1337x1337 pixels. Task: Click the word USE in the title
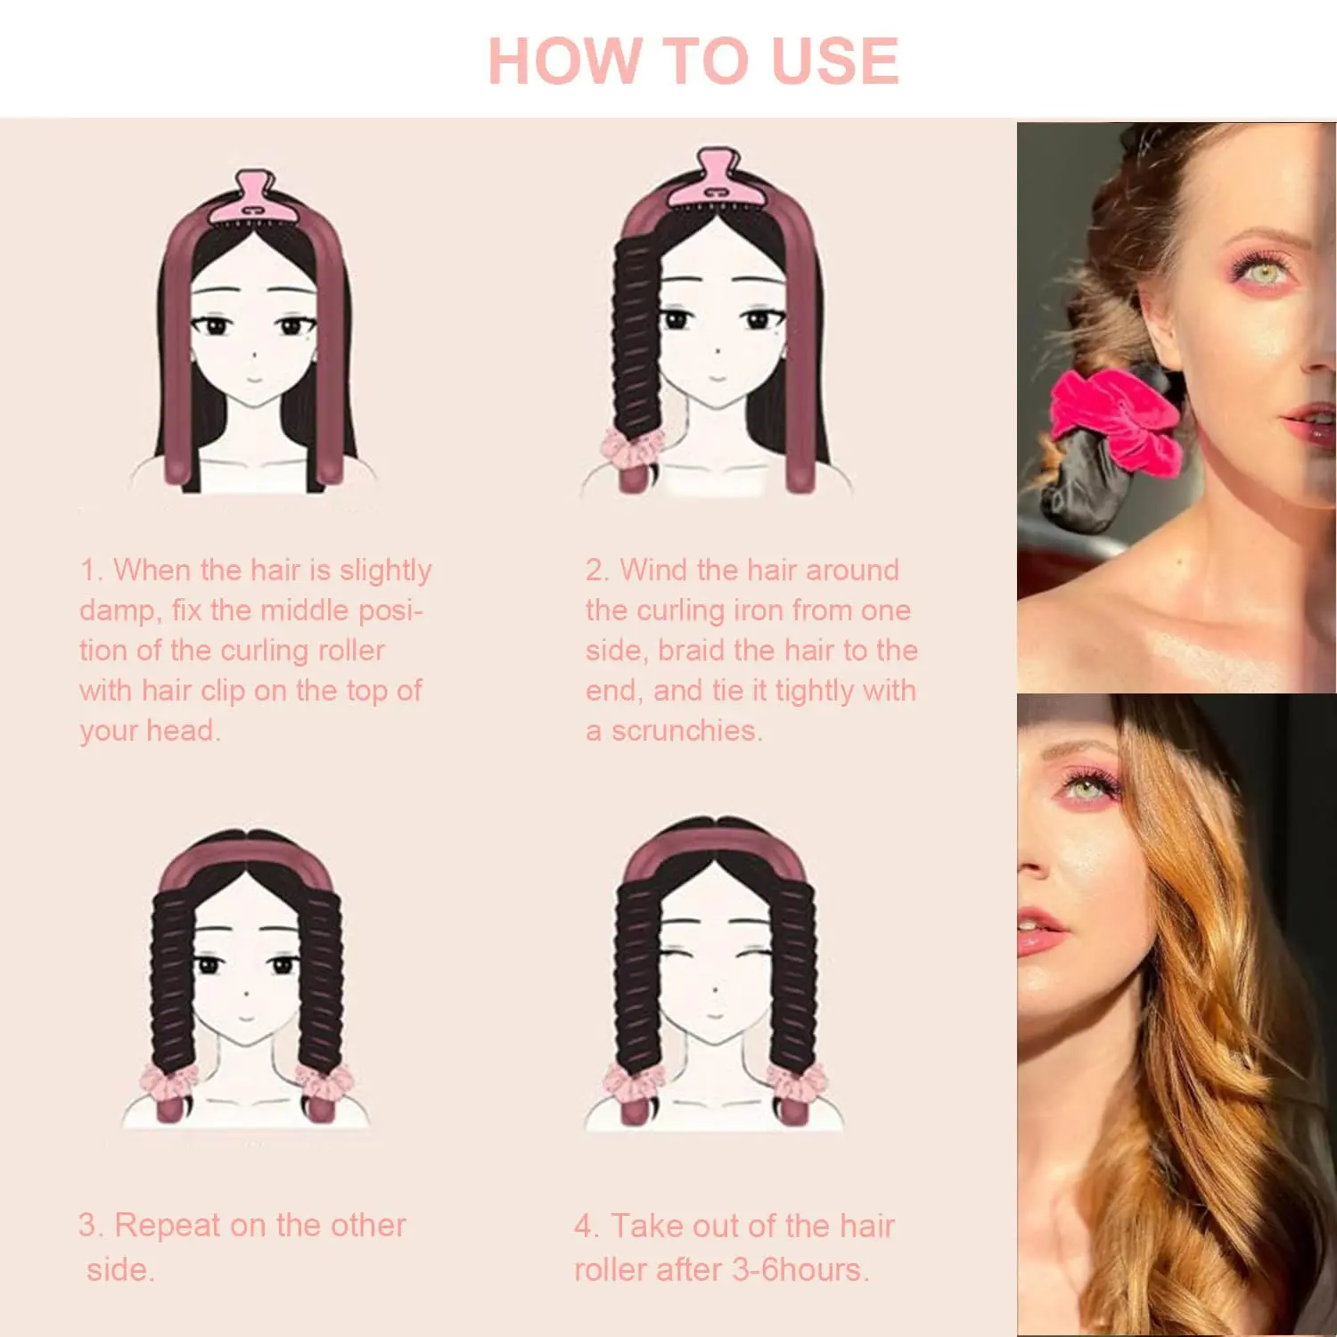834,61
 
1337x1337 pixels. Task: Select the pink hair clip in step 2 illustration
718,177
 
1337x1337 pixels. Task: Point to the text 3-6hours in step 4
799,1269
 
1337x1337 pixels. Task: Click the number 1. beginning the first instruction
91,570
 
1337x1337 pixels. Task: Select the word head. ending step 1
183,731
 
